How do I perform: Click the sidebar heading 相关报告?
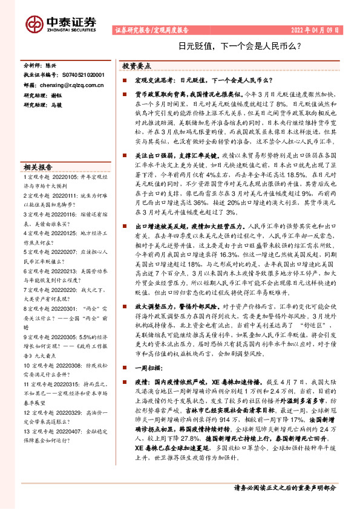[x=38, y=167]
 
